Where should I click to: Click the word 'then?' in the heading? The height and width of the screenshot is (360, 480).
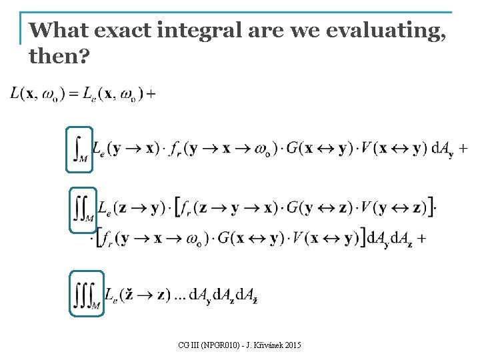point(59,57)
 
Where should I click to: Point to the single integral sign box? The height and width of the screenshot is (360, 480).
point(79,149)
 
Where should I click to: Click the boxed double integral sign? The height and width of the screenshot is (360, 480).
point(83,209)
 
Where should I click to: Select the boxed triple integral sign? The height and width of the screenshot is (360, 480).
point(87,293)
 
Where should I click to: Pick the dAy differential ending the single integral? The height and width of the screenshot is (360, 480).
point(442,149)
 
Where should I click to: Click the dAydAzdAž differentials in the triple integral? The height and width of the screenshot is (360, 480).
point(224,295)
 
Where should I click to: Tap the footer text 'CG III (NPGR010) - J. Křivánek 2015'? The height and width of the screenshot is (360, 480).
point(240,345)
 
